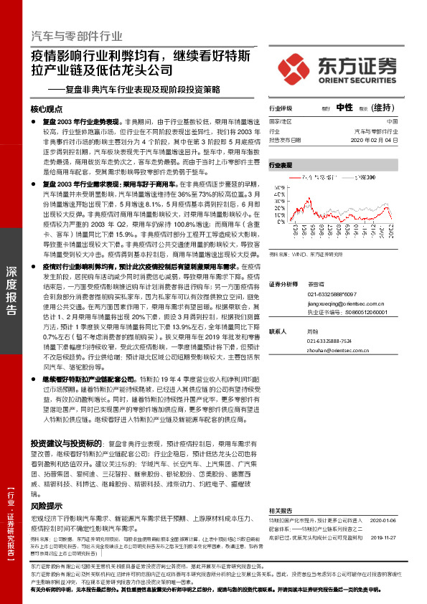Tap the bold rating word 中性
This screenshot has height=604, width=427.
(344, 108)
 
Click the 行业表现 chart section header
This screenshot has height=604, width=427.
(281, 165)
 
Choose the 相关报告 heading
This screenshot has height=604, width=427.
(281, 507)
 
